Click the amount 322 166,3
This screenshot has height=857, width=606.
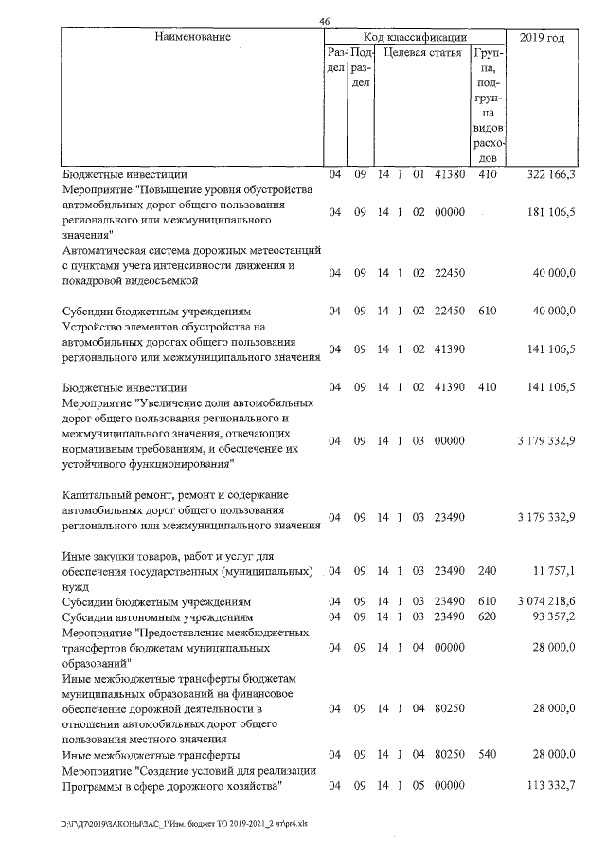point(550,175)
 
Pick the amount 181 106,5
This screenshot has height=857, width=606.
point(550,212)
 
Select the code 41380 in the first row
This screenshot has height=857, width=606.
point(449,175)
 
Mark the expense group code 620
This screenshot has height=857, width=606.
point(488,617)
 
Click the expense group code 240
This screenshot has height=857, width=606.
point(488,571)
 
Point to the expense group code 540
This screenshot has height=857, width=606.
point(488,755)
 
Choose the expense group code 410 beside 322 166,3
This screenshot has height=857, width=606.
point(488,175)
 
